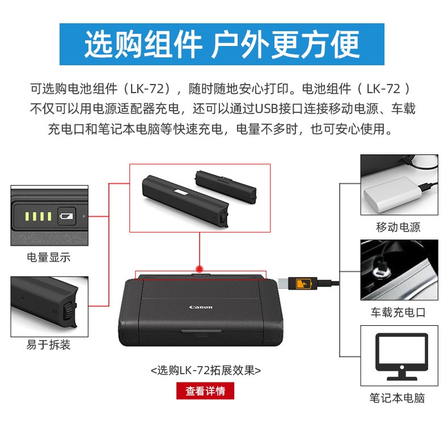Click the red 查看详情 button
(x=205, y=391)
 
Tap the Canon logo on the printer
(x=201, y=307)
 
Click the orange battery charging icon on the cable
(x=303, y=283)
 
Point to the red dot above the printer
(x=200, y=269)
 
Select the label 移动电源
(x=398, y=227)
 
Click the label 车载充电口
(x=398, y=312)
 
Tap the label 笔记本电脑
(x=397, y=398)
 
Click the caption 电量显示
(x=49, y=257)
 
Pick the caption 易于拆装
(x=49, y=345)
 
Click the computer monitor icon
(x=401, y=355)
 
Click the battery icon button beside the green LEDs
(x=66, y=216)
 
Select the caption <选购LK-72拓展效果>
(x=206, y=370)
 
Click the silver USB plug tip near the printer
(x=283, y=283)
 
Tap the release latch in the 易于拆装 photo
(x=69, y=311)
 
